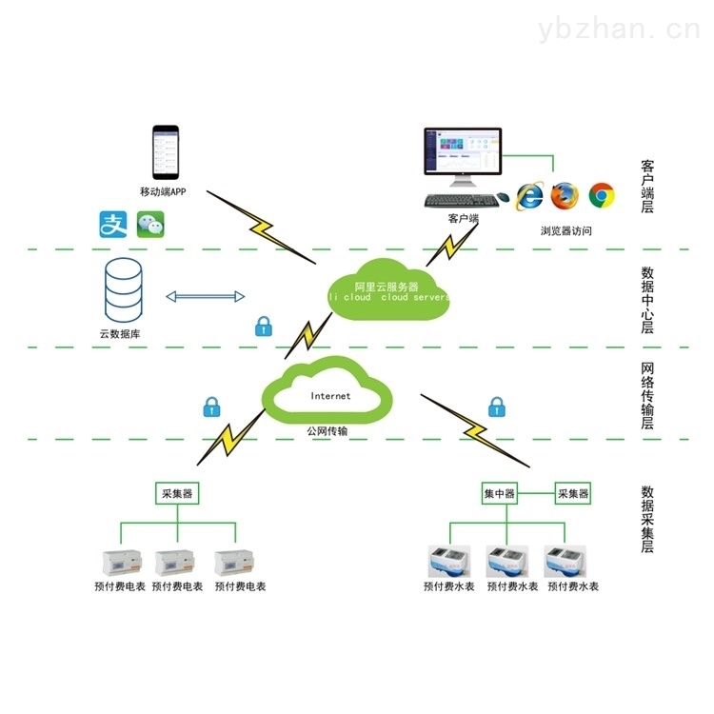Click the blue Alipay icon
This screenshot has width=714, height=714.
[114, 224]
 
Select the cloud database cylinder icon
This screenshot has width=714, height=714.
[124, 291]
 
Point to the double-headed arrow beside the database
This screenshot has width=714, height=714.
[207, 297]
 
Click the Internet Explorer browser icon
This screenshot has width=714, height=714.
[530, 196]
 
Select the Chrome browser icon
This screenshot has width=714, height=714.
[601, 195]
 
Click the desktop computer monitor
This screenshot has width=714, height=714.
[464, 155]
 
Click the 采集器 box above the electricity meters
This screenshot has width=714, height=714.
[176, 493]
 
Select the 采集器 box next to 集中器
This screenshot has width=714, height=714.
[573, 493]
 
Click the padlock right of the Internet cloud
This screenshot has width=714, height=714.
[497, 407]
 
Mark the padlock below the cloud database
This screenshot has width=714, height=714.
[264, 327]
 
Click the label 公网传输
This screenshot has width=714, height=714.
[327, 431]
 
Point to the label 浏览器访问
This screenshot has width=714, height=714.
[566, 230]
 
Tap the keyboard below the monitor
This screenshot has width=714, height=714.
[461, 200]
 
